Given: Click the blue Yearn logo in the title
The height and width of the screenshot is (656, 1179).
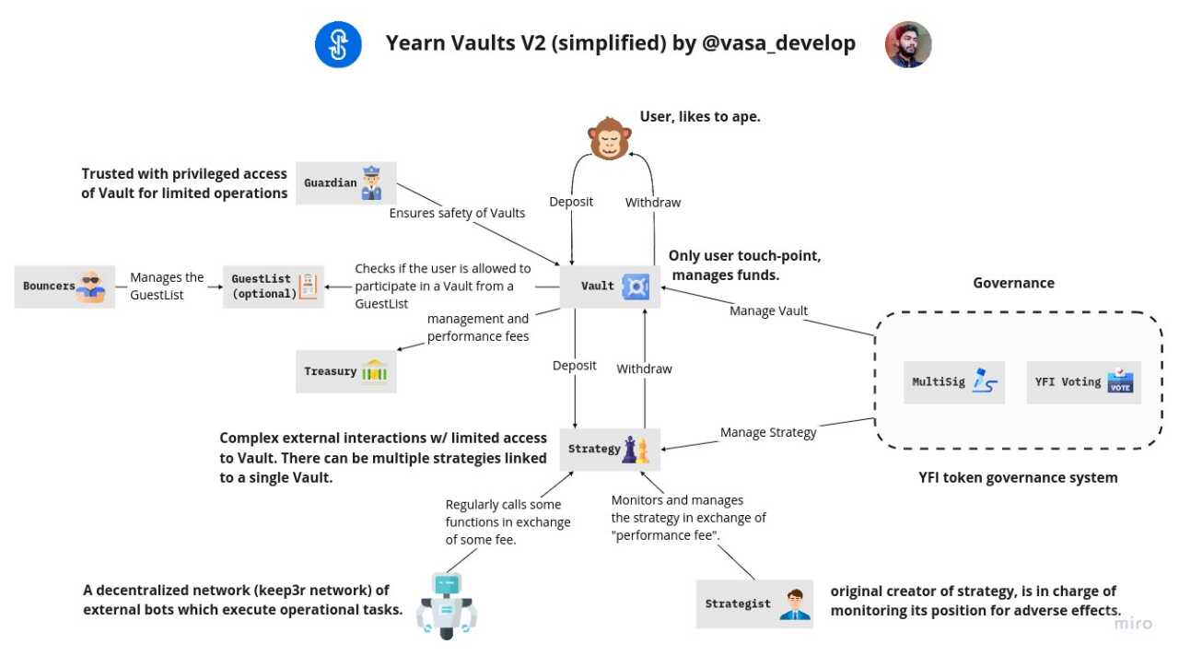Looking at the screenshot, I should [338, 44].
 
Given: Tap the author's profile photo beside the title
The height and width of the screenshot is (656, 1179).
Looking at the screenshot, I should [908, 44].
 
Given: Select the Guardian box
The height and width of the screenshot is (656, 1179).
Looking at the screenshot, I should [346, 182].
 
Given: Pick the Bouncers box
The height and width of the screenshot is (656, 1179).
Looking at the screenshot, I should [64, 287].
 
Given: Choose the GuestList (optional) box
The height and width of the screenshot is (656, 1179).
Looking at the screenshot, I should [274, 287].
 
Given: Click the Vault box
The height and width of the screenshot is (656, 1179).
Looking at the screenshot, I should [611, 286].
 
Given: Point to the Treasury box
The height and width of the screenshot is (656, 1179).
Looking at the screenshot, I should [346, 371].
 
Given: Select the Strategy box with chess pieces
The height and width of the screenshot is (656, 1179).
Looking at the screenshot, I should [611, 449].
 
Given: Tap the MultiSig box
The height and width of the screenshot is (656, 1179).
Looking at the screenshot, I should [954, 381].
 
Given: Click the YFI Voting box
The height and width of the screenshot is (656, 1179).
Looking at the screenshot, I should [1083, 381].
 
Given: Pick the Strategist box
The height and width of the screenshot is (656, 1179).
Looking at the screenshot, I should [754, 603].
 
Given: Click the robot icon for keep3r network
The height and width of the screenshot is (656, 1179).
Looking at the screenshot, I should [447, 604].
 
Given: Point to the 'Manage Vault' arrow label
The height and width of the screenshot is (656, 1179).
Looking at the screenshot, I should [768, 310].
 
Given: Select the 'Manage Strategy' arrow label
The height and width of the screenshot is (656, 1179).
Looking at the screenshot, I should [768, 432].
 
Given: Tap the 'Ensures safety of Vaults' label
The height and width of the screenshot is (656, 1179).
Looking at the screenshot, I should [457, 213].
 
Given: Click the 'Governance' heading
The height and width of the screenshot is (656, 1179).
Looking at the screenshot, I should [1013, 283].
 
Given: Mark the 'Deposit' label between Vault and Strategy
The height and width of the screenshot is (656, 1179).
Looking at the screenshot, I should [575, 366].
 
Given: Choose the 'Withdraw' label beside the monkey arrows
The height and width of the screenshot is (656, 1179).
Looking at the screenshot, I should [653, 202].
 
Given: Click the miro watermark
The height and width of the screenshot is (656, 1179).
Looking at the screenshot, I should [1133, 624].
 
